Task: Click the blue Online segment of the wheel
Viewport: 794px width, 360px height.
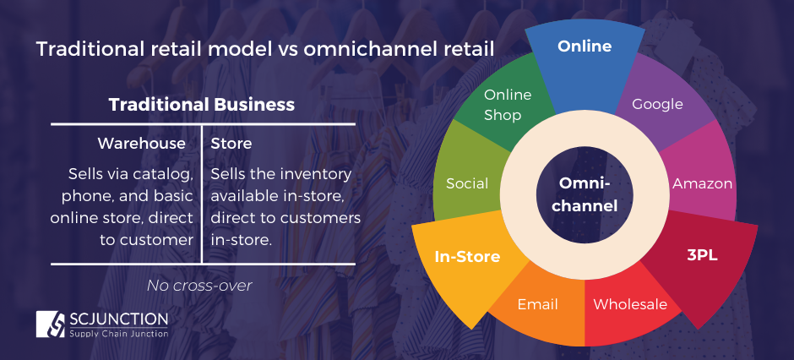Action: pos(584,46)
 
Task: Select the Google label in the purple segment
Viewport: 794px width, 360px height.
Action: pos(657,104)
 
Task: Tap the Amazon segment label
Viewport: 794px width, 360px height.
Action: pos(702,183)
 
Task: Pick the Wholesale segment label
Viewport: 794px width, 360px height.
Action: pos(630,304)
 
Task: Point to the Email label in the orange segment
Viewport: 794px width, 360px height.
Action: pos(538,304)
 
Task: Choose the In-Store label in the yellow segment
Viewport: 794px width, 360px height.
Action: pos(467,256)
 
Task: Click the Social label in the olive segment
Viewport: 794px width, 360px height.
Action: pos(467,183)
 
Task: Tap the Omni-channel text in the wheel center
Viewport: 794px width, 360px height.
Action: pos(584,194)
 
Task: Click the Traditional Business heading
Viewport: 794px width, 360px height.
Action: pos(201,105)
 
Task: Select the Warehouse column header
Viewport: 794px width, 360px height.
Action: pos(141,144)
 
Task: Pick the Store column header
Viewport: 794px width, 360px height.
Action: pos(231,144)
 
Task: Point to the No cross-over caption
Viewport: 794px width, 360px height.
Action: pos(199,286)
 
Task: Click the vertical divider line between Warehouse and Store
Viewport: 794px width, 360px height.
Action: pos(202,194)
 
